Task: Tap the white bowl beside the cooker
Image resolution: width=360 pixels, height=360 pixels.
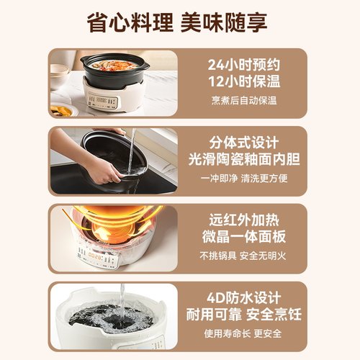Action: pos(59,75)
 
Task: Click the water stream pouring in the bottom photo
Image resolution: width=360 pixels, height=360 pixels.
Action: pos(122,302)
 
